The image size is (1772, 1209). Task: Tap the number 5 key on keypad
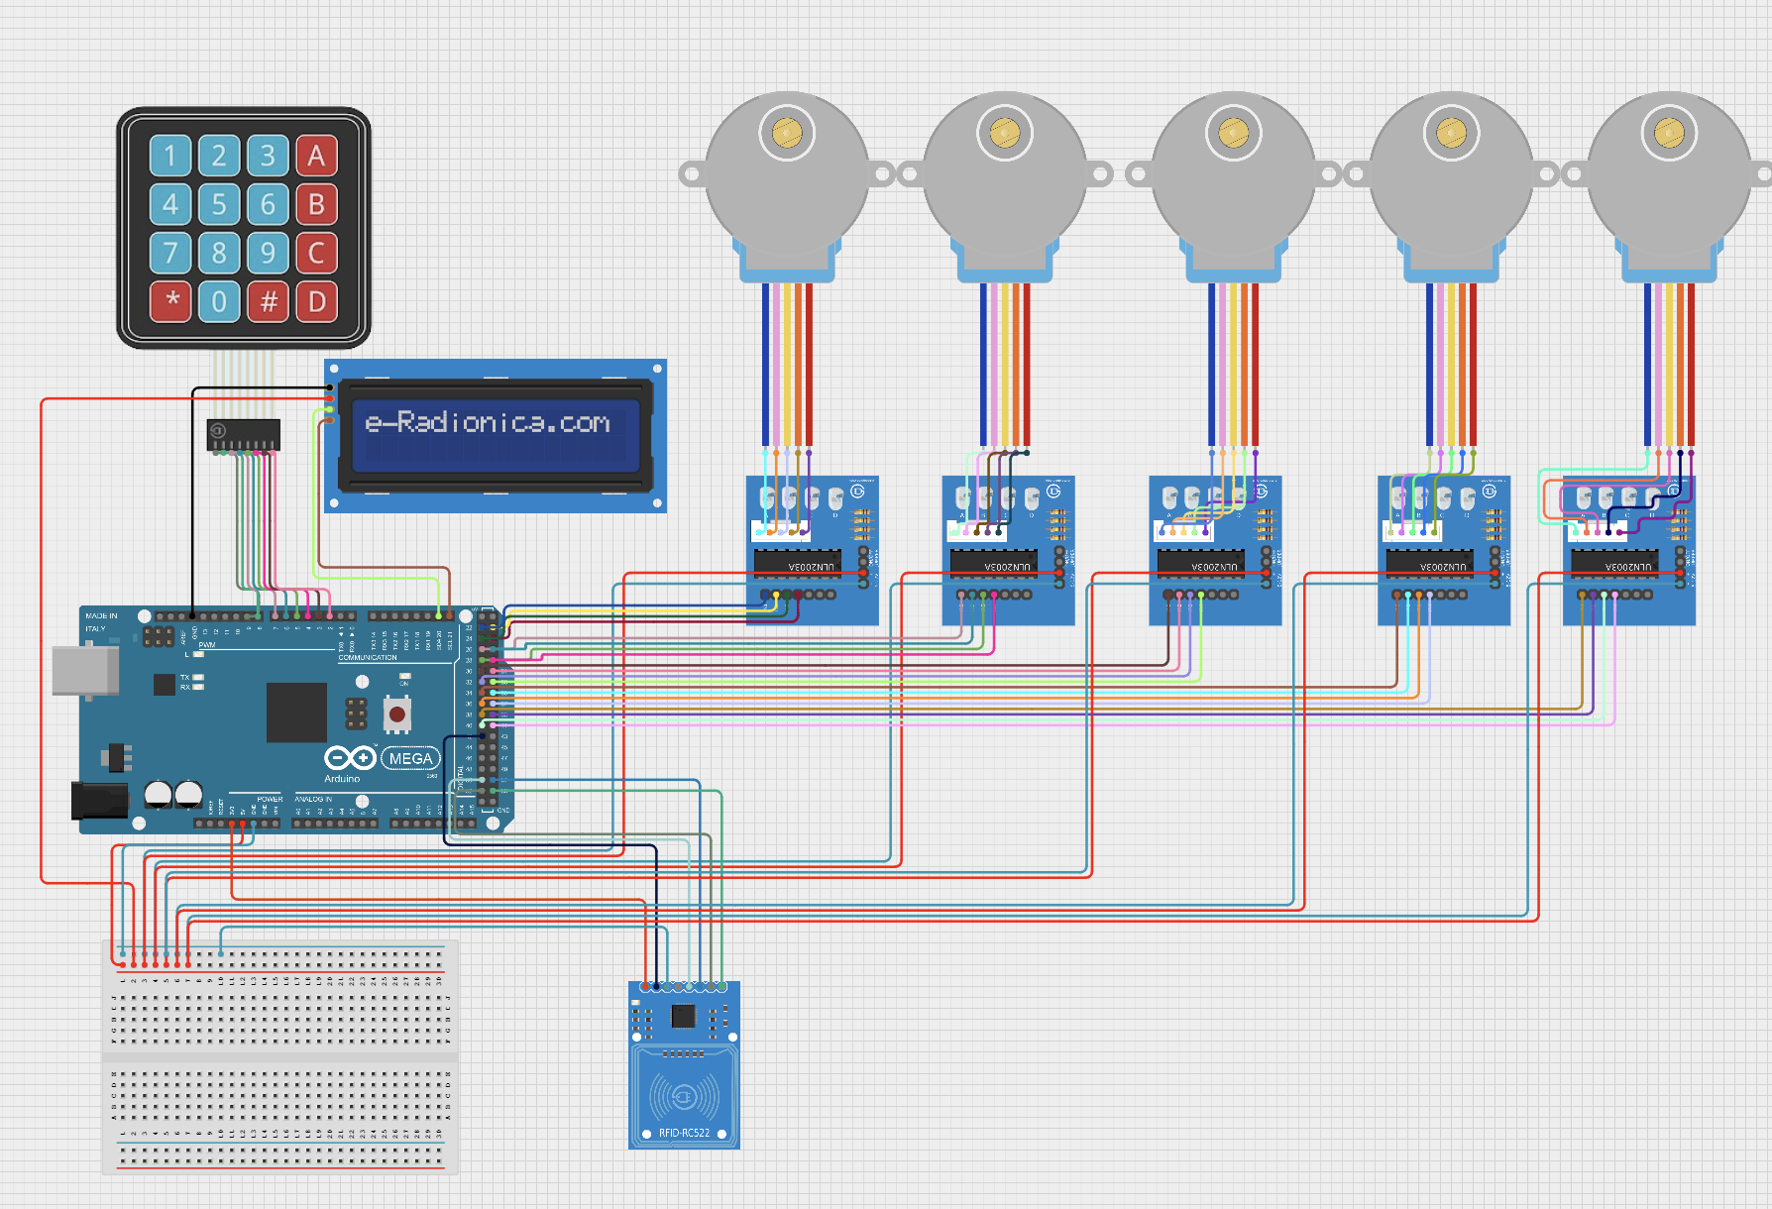pyautogui.click(x=219, y=204)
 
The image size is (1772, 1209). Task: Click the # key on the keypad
pyautogui.click(x=268, y=301)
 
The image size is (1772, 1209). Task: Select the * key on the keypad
pyautogui.click(x=171, y=301)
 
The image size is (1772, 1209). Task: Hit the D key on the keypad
pyautogui.click(x=316, y=301)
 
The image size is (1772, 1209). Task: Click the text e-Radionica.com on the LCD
pyautogui.click(x=487, y=423)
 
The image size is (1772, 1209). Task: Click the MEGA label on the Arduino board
pyautogui.click(x=410, y=759)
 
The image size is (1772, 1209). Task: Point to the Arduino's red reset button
pyautogui.click(x=397, y=714)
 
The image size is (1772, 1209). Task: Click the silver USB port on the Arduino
pyautogui.click(x=84, y=671)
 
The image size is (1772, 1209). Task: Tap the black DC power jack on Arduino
pyautogui.click(x=99, y=801)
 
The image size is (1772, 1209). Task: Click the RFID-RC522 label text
pyautogui.click(x=684, y=1133)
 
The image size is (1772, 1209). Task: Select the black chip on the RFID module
pyautogui.click(x=683, y=1016)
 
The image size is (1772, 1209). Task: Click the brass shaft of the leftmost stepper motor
pyautogui.click(x=786, y=133)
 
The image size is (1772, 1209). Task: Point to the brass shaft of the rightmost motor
pyautogui.click(x=1668, y=133)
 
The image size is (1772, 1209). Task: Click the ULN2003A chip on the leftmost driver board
pyautogui.click(x=798, y=565)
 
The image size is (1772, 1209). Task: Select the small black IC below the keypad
pyautogui.click(x=244, y=434)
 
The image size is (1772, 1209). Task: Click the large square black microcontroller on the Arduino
pyautogui.click(x=296, y=712)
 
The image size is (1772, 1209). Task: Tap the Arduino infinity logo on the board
pyautogui.click(x=350, y=758)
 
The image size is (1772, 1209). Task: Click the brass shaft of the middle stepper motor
pyautogui.click(x=1232, y=133)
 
